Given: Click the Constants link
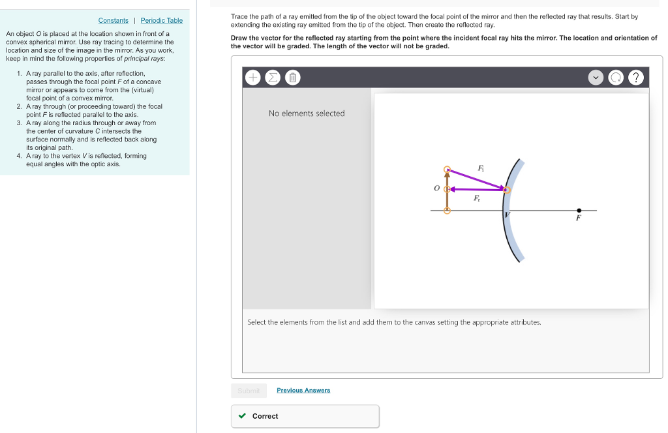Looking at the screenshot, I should click(114, 21).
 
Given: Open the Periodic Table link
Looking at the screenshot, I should click(161, 21).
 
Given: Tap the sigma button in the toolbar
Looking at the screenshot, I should click(273, 78).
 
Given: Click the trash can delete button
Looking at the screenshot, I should click(293, 78).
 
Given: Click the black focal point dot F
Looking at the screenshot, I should click(579, 211).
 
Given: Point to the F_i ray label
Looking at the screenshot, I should click(481, 168).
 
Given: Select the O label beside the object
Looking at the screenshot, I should click(436, 188).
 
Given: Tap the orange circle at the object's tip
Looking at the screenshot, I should click(447, 170).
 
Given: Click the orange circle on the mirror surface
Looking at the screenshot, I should click(507, 190).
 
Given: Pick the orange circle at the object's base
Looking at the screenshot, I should click(447, 211).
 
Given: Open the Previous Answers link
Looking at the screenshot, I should click(303, 390).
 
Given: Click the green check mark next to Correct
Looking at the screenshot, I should click(242, 416).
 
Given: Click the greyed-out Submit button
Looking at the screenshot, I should click(249, 391).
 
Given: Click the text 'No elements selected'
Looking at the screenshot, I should click(307, 113).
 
